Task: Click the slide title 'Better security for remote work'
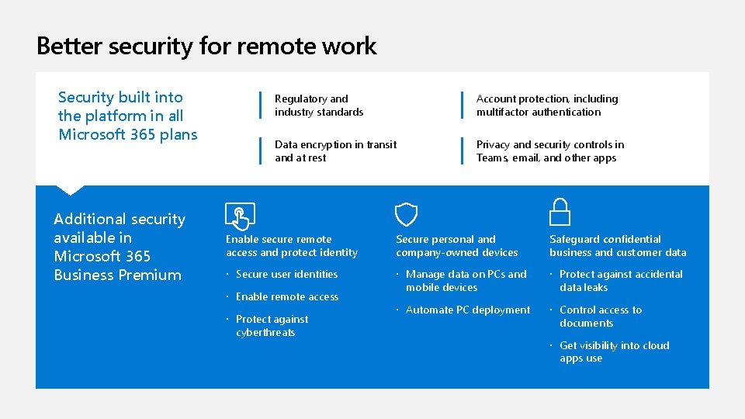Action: click(x=206, y=46)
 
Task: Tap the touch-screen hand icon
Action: click(x=239, y=215)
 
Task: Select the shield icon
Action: click(x=406, y=215)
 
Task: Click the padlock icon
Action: click(x=560, y=212)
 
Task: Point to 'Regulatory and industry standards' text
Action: click(x=319, y=106)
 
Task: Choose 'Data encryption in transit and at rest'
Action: click(x=335, y=151)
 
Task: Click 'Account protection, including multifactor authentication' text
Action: click(x=547, y=106)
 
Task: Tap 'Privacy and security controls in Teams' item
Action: click(x=549, y=151)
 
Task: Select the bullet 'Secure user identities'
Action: click(x=286, y=274)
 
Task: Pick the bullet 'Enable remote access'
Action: click(x=286, y=296)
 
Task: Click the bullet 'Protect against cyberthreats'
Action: click(x=272, y=326)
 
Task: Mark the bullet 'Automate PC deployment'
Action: click(x=467, y=310)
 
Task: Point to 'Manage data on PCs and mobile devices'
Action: click(x=466, y=281)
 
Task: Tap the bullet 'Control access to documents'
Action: click(x=601, y=317)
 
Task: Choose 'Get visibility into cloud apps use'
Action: click(x=614, y=352)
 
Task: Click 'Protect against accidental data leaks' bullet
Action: click(x=620, y=281)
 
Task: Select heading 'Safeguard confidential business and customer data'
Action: click(x=618, y=246)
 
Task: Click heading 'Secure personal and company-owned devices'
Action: click(x=456, y=246)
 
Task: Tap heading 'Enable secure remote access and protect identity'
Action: click(x=292, y=246)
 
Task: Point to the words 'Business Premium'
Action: click(x=117, y=275)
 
